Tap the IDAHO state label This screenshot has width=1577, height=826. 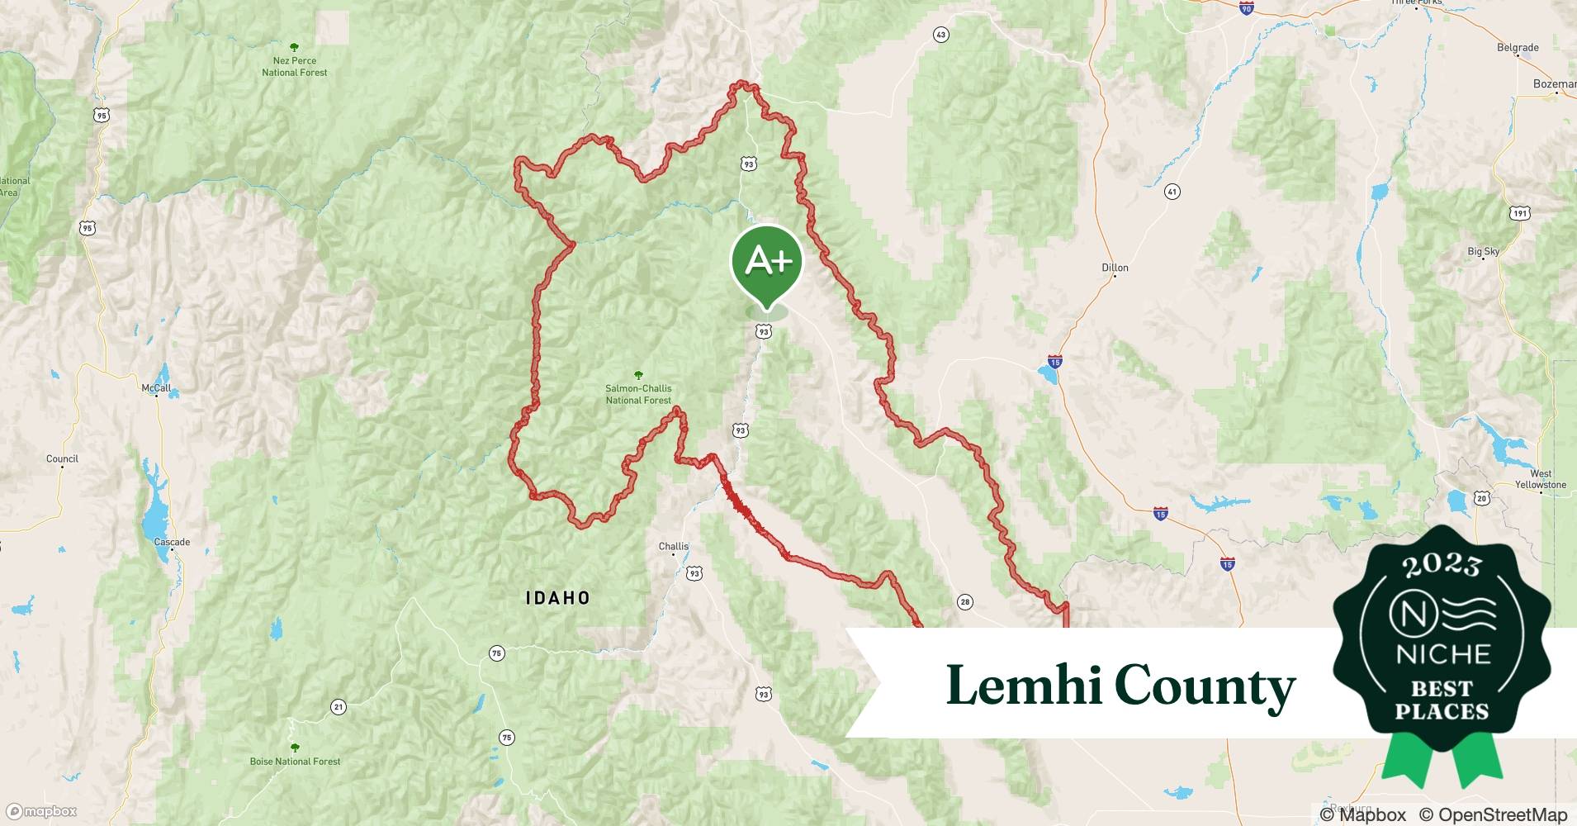[x=558, y=598]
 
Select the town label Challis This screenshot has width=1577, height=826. [x=674, y=546]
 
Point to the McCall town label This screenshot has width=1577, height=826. [x=156, y=388]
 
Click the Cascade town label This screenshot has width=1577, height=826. [x=172, y=542]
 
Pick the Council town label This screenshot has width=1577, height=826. [x=63, y=458]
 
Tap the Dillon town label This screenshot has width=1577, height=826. [x=1115, y=268]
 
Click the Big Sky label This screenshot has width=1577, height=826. [x=1483, y=251]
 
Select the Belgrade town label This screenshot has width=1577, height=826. [x=1518, y=48]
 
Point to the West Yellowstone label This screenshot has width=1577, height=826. [x=1540, y=479]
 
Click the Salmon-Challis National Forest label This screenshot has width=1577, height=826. [x=638, y=394]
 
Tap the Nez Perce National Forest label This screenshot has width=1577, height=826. [x=295, y=66]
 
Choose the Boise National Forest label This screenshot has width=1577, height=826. [x=295, y=761]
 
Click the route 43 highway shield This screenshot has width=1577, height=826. [x=940, y=35]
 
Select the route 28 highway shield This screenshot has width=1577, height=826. [x=965, y=602]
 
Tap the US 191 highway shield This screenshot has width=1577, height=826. [x=1520, y=213]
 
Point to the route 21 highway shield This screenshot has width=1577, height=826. [x=339, y=707]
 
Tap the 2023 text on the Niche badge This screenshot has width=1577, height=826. [x=1442, y=564]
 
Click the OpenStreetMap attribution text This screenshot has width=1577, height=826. [x=1493, y=814]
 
